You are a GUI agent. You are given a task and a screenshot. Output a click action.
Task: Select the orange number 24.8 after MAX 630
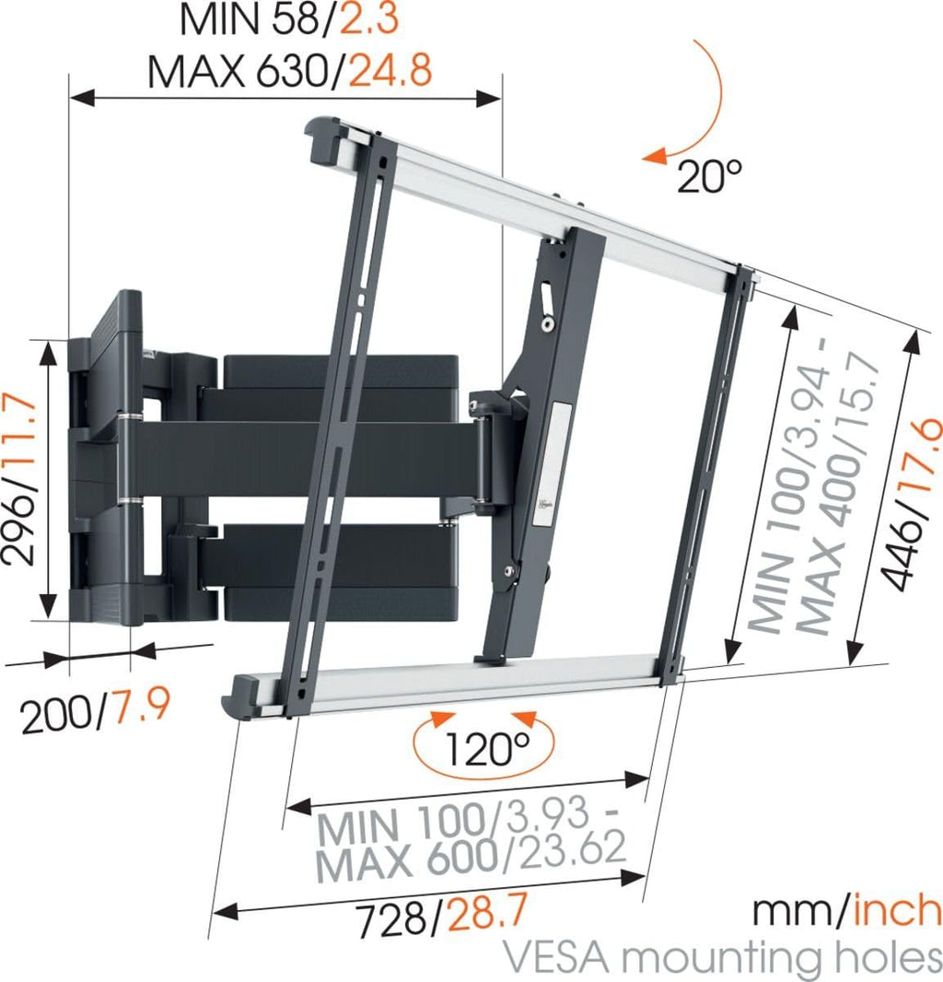pyautogui.click(x=390, y=70)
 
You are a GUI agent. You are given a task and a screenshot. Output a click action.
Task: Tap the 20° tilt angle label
pyautogui.click(x=709, y=175)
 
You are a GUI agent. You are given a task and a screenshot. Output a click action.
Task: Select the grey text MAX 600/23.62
pyautogui.click(x=470, y=857)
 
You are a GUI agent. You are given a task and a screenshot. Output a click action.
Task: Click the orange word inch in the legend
pyautogui.click(x=897, y=911)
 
